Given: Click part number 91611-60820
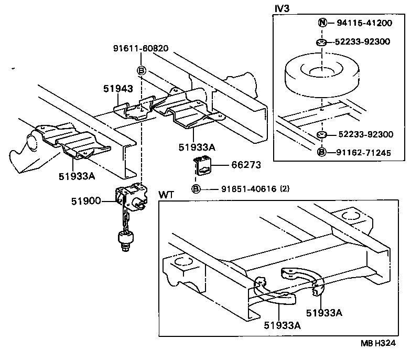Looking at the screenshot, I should click(140, 48).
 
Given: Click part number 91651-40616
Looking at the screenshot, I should click(242, 188).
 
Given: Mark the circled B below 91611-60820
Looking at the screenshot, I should click(142, 70).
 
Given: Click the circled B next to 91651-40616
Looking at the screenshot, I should click(196, 189).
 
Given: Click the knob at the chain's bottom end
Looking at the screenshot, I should click(126, 241).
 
